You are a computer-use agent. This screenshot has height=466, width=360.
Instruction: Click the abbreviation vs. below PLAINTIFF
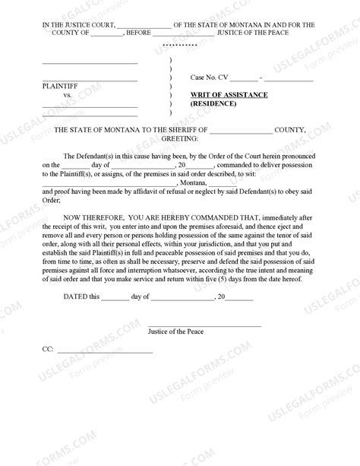[68, 95]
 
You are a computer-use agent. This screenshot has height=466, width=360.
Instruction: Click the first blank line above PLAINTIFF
[89, 62]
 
